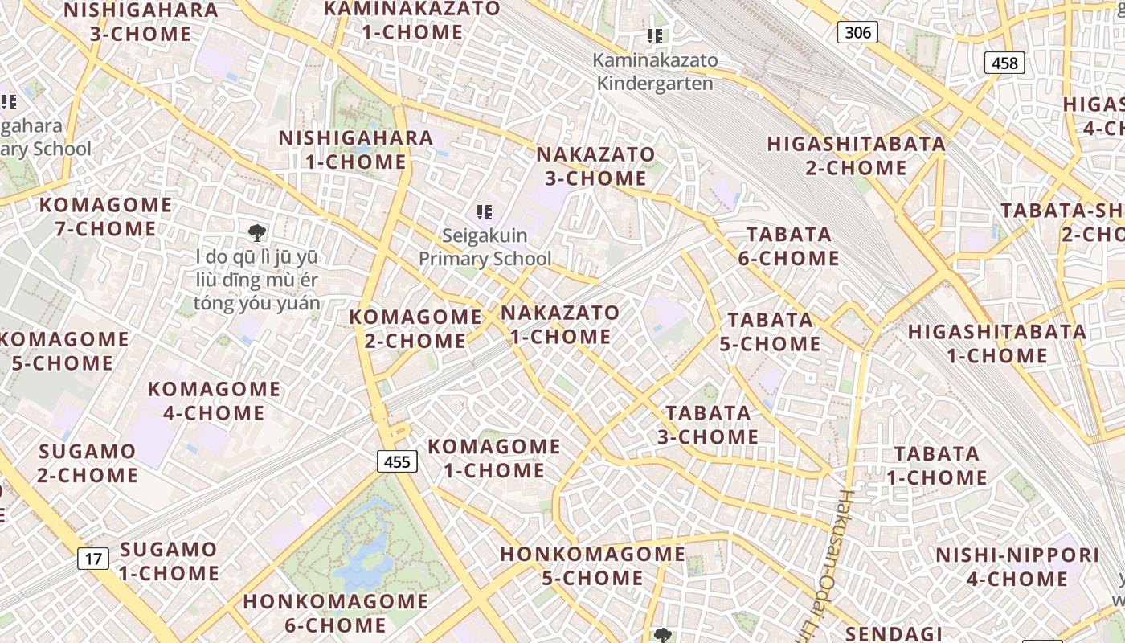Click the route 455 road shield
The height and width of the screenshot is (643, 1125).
397,461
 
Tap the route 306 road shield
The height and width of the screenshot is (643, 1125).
857,32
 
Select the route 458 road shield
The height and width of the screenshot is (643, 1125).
1004,63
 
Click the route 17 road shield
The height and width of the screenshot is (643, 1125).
93,558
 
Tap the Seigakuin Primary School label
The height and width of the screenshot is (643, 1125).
485,247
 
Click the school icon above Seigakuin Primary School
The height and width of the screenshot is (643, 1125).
484,212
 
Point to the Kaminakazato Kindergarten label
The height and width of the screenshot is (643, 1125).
655,72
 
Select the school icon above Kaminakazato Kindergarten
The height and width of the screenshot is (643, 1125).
655,36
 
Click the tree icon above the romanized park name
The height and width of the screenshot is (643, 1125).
257,234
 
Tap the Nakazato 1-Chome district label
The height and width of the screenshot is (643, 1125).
560,324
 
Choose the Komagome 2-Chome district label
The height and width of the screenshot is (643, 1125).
415,329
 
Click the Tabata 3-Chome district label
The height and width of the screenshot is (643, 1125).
708,424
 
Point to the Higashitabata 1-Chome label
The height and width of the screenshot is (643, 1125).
996,343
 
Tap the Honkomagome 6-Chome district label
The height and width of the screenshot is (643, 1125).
336,612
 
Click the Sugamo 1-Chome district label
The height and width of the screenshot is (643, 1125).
169,561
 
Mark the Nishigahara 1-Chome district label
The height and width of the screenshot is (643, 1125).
356,149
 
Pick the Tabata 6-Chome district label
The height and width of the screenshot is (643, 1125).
789,246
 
